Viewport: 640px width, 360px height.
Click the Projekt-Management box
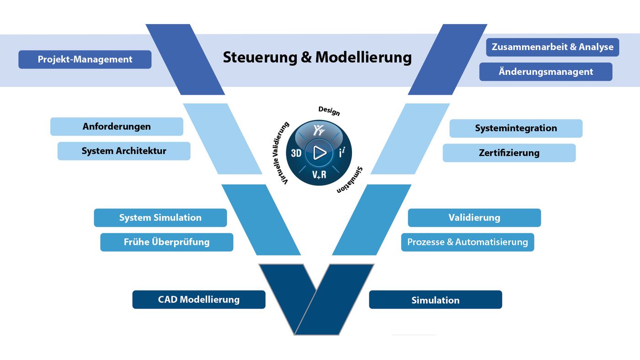click(85, 59)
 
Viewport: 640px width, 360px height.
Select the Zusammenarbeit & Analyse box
click(552, 47)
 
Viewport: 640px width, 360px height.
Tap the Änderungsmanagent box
click(545, 72)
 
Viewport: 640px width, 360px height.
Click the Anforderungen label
click(117, 127)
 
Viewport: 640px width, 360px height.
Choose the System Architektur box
click(123, 151)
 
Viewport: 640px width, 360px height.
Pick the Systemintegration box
click(516, 128)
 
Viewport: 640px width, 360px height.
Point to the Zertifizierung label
click(509, 153)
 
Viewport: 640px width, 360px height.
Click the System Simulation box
click(160, 217)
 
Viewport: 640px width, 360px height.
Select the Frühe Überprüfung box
click(166, 242)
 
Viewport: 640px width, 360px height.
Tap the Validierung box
click(474, 217)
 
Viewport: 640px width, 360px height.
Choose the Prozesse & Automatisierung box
click(467, 242)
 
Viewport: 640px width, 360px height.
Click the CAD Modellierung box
click(198, 300)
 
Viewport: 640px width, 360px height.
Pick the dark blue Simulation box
click(435, 300)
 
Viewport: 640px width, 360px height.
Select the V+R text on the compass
click(319, 174)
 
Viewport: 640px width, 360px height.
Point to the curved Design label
click(329, 111)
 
